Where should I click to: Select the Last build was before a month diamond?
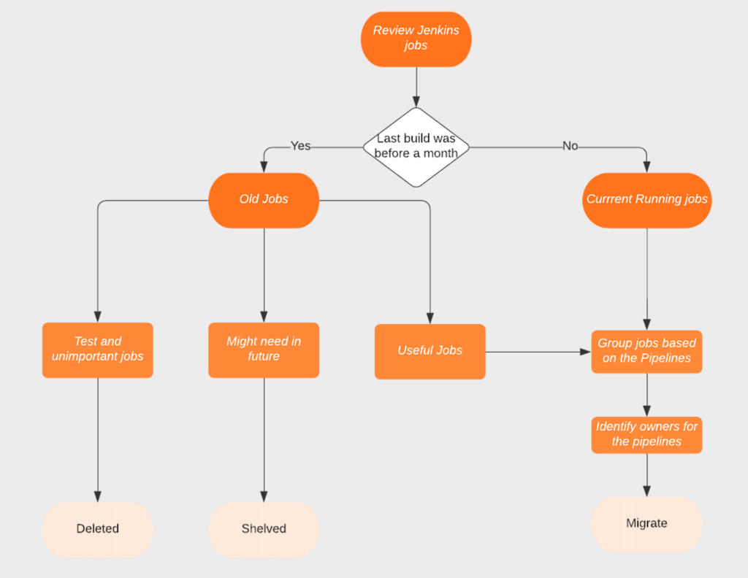click(416, 146)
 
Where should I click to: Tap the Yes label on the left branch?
click(300, 146)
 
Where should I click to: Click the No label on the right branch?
click(570, 146)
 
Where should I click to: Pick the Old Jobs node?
click(264, 199)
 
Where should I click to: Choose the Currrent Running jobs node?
click(646, 199)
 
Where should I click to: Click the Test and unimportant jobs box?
click(97, 350)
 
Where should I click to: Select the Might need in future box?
click(264, 350)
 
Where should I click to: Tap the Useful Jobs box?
click(430, 351)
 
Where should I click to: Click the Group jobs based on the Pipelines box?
click(646, 351)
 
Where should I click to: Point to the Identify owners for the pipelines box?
click(646, 434)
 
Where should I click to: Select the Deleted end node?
click(97, 529)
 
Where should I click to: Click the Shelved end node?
click(264, 529)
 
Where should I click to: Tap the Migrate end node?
click(646, 524)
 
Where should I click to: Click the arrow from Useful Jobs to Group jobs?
click(538, 352)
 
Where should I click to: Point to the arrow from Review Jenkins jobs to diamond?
click(416, 87)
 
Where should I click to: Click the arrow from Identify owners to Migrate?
click(646, 475)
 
